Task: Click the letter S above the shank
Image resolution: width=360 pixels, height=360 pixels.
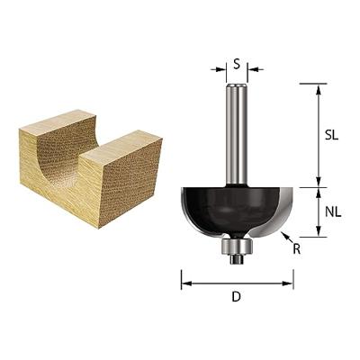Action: click(x=237, y=64)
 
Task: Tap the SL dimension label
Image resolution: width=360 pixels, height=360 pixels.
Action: click(x=331, y=135)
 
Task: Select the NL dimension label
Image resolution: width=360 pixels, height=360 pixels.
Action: click(x=333, y=212)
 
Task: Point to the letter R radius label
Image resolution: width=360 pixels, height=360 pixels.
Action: click(x=297, y=249)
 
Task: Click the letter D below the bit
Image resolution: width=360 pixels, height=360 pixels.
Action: click(x=237, y=297)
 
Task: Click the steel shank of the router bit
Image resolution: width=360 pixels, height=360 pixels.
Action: click(x=237, y=135)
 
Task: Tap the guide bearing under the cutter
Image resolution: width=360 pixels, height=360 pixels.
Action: click(x=237, y=247)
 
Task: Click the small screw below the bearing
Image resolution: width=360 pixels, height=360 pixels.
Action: click(x=237, y=260)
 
